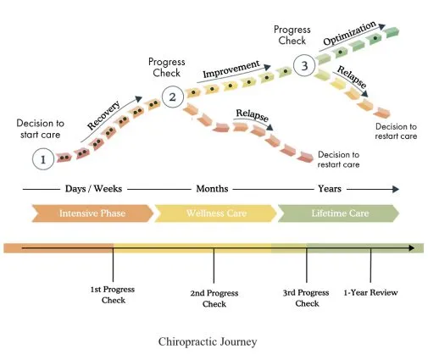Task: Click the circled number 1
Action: tap(43, 159)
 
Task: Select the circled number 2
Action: tap(173, 97)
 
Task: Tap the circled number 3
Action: tap(304, 65)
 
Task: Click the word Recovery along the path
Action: tap(103, 115)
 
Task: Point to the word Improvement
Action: tap(231, 69)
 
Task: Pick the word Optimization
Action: tap(349, 33)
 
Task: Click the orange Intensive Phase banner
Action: tap(92, 213)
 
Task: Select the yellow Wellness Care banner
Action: tap(216, 213)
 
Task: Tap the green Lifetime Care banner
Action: tap(339, 213)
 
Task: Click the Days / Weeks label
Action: tap(93, 189)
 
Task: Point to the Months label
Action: tap(212, 189)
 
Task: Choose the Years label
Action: tap(330, 189)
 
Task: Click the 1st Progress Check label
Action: tap(113, 295)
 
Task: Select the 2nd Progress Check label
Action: tap(214, 298)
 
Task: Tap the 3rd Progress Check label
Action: tap(306, 298)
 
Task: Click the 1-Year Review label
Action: tap(370, 292)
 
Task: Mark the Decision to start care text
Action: tap(41, 129)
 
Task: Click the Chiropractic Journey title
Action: tap(208, 341)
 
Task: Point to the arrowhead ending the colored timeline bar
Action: tap(412, 248)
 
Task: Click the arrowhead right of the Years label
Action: tap(396, 189)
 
